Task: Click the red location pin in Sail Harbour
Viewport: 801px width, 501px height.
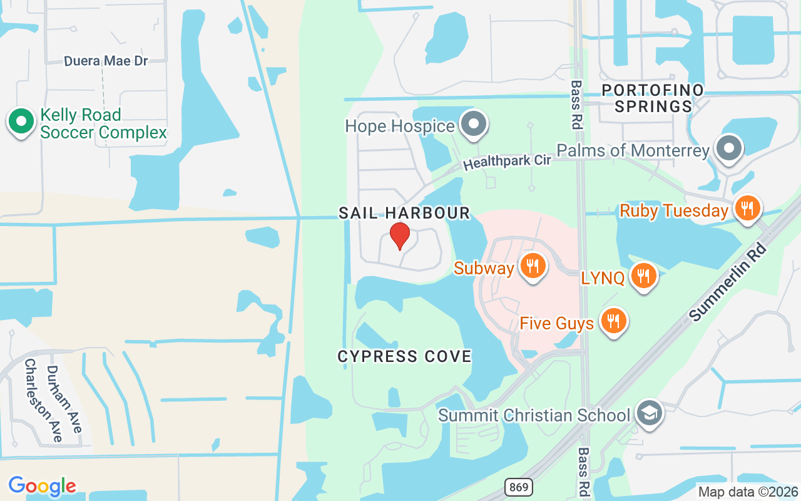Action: pos(400,235)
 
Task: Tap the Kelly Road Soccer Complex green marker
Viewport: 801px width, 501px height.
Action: pos(21,122)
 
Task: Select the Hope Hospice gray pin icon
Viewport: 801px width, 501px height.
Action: pos(474,124)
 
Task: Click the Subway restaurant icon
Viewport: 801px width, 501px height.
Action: pos(533,266)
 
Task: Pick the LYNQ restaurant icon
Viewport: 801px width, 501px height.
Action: pos(642,276)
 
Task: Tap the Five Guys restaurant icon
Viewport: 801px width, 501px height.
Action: pos(613,321)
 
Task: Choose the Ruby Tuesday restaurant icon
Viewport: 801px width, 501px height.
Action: pos(746,209)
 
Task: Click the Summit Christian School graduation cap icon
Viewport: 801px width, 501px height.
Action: pos(649,413)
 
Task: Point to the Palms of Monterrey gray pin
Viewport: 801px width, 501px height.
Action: pos(729,149)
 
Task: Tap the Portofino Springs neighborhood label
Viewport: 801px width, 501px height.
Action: pos(653,98)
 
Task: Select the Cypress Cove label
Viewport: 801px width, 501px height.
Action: pos(404,357)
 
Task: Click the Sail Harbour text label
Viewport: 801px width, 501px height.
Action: pos(404,213)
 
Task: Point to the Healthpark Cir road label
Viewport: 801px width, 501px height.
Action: pos(507,161)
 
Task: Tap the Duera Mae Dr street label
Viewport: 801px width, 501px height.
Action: pos(106,61)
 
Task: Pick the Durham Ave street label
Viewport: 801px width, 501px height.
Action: pos(64,399)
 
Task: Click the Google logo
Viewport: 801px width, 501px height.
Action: pos(42,485)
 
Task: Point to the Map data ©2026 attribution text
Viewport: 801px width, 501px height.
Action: pos(748,492)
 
